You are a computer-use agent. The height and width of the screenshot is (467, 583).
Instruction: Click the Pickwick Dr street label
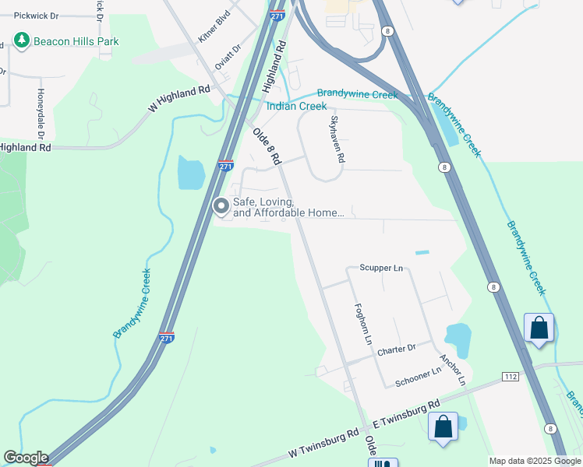click(37, 15)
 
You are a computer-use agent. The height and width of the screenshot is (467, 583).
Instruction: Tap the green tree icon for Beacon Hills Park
click(22, 40)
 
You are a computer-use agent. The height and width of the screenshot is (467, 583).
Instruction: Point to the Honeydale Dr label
click(40, 110)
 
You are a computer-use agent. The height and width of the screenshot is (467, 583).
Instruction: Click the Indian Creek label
click(297, 106)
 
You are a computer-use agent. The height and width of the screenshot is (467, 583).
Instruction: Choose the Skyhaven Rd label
click(337, 138)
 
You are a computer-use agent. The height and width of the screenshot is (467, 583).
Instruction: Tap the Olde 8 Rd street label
click(266, 146)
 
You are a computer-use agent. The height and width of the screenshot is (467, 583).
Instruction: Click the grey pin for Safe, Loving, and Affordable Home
click(221, 206)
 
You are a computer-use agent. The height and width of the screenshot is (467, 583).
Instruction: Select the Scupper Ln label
click(380, 268)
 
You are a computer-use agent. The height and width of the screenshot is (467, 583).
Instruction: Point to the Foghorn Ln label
click(363, 325)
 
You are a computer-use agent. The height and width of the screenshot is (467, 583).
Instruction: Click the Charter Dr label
click(396, 349)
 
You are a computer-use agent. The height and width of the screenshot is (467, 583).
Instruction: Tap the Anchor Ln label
click(452, 371)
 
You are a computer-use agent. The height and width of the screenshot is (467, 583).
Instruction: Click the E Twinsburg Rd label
click(405, 413)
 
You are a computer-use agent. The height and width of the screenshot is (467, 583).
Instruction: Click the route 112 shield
click(511, 377)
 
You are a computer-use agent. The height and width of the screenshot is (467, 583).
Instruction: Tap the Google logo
click(26, 458)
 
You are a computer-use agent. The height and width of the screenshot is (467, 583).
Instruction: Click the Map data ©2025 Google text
click(534, 461)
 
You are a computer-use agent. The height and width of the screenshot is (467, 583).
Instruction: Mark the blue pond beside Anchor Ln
click(458, 339)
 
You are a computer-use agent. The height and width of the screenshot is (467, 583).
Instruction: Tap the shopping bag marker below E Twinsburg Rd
click(443, 427)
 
